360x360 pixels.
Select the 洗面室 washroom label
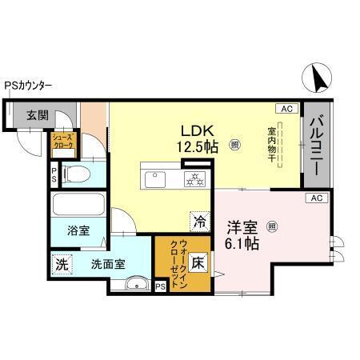106,263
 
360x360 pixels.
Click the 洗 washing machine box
62,262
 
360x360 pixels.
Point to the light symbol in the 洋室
273,226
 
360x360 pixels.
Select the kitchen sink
154,178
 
